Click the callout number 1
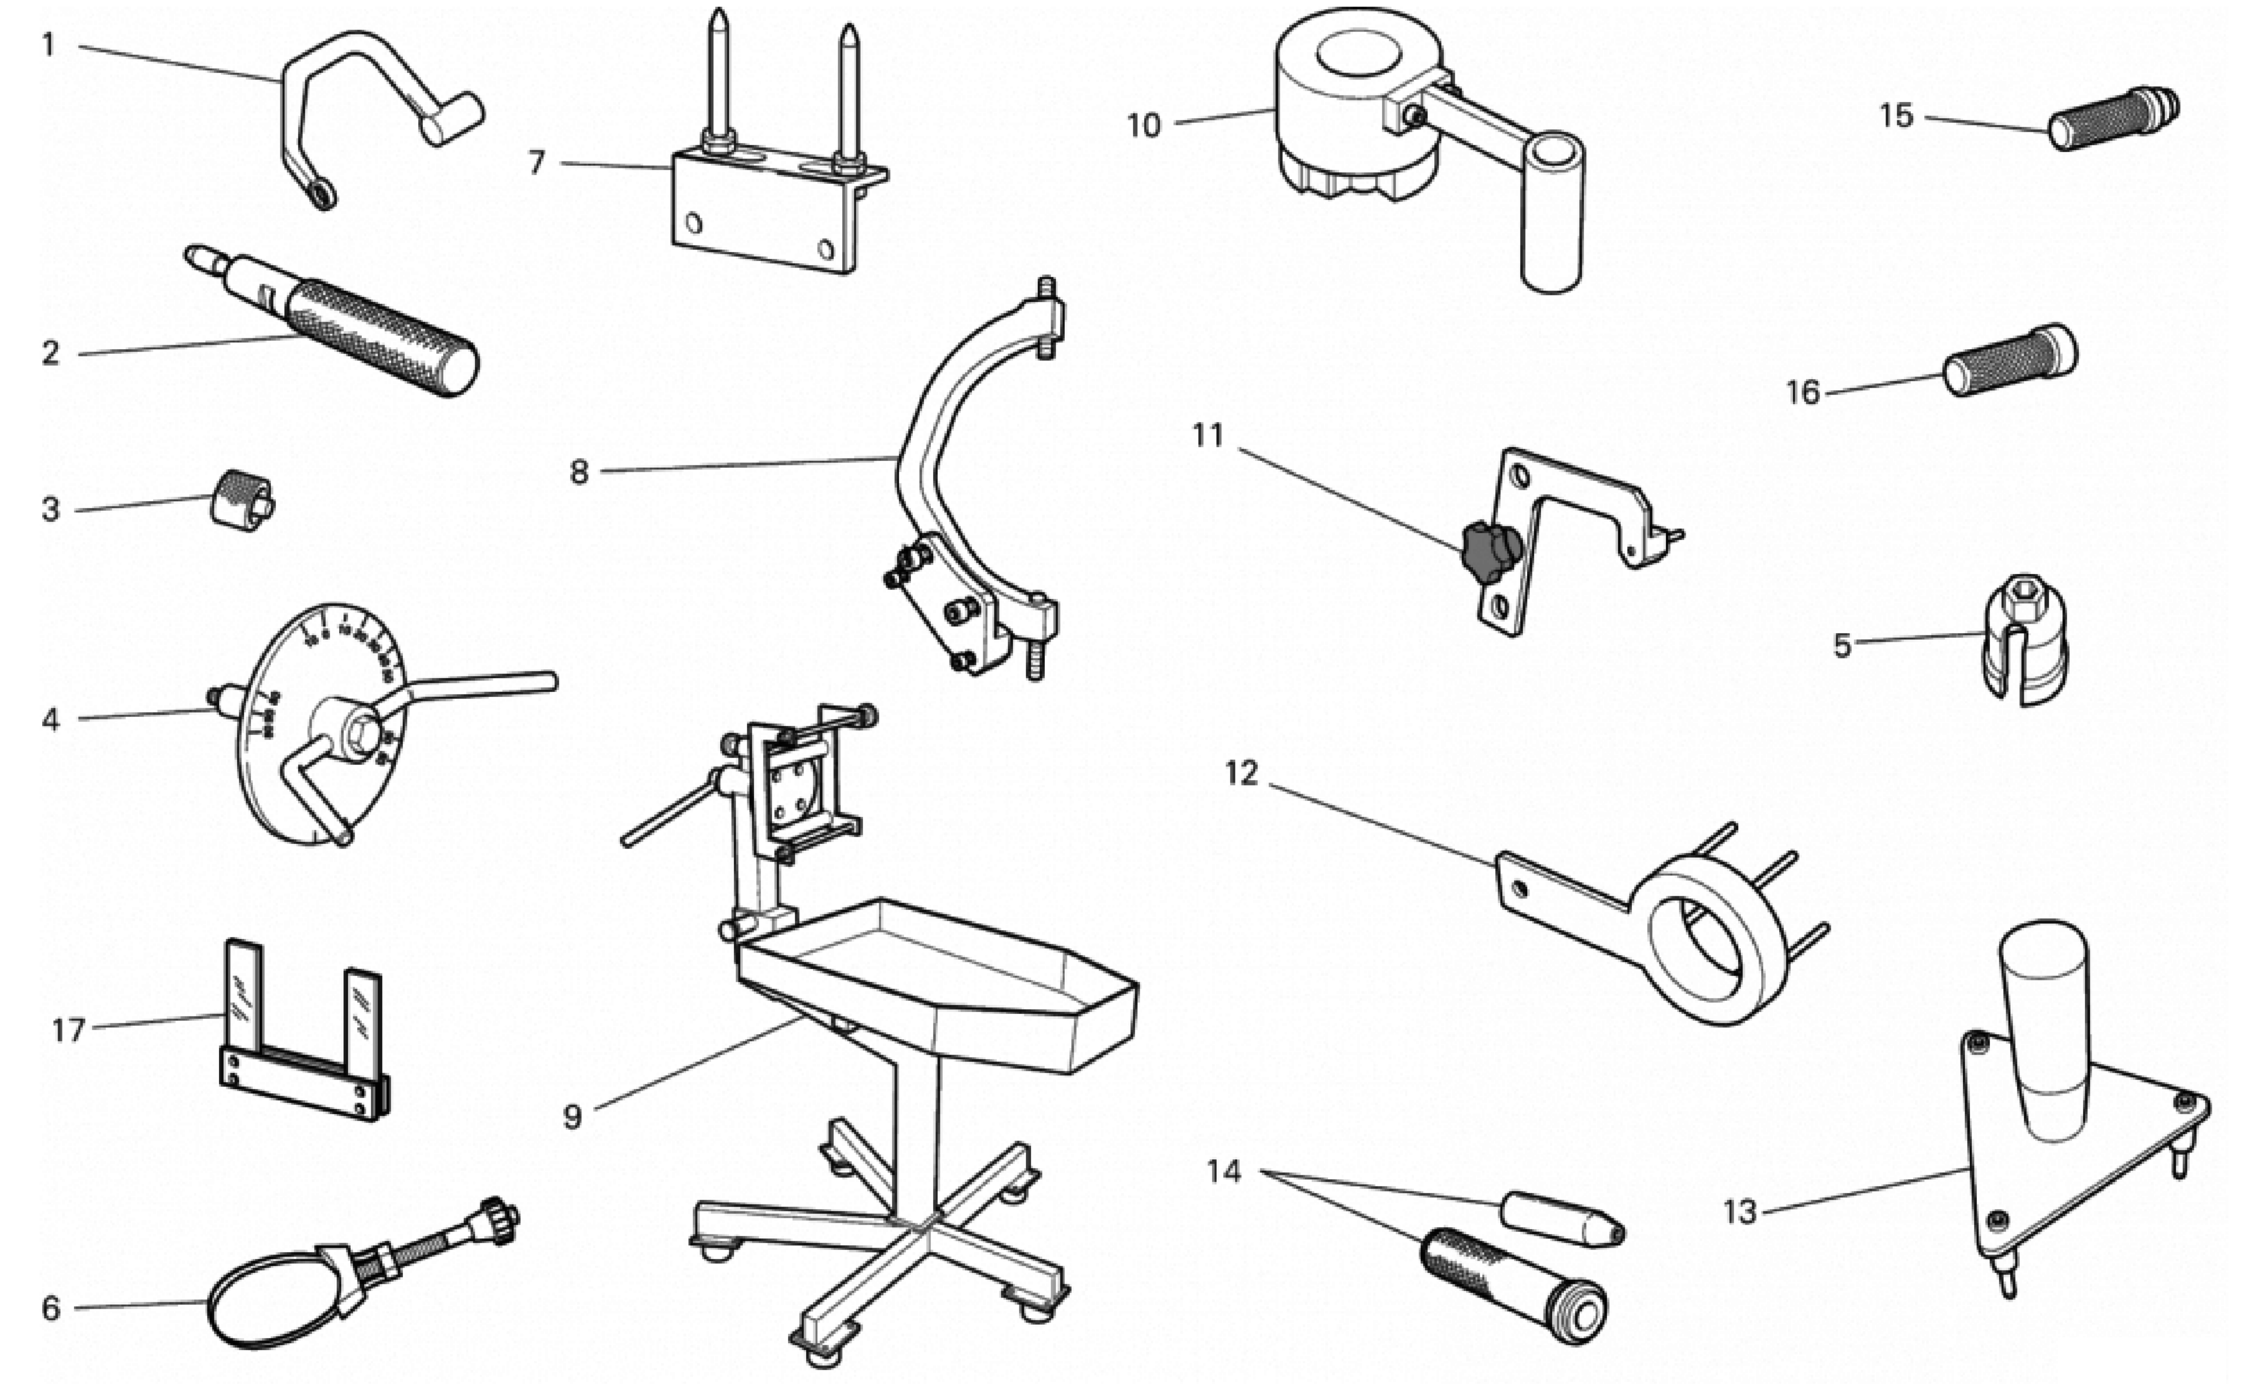tap(49, 44)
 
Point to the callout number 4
tap(50, 719)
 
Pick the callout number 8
tap(579, 472)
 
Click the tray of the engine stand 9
tap(937, 983)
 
